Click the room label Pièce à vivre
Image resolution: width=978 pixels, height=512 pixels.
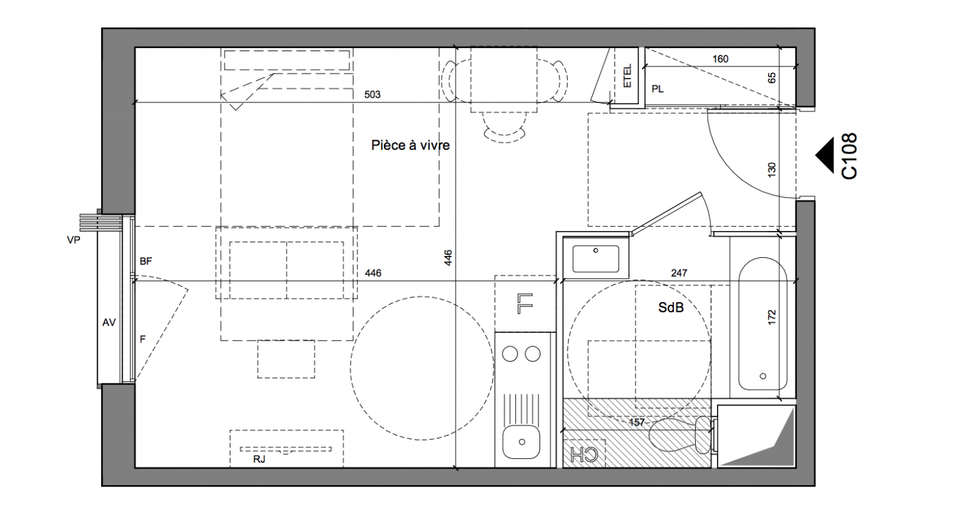point(410,145)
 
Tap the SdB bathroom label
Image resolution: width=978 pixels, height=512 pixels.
point(671,308)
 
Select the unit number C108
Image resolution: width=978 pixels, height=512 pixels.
point(849,156)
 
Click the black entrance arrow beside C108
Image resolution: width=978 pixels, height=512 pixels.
point(824,156)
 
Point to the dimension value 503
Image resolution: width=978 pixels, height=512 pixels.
point(373,94)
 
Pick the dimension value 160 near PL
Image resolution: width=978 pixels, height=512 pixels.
point(721,59)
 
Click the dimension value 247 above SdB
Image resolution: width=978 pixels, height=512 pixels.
point(679,273)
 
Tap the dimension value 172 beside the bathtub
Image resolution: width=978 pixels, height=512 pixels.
point(772,317)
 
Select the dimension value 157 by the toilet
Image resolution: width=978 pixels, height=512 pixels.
point(637,422)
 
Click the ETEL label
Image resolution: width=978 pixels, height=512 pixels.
point(627,76)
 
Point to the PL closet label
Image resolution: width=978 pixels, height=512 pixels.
point(657,89)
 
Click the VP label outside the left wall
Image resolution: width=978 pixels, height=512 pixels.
point(74,240)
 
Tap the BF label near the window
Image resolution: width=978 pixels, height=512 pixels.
point(146,261)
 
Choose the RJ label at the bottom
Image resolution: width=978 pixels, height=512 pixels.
point(259,459)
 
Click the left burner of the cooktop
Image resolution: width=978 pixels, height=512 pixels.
point(510,354)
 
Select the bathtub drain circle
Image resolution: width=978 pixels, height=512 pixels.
point(763,376)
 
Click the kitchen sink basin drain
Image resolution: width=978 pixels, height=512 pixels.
point(522,442)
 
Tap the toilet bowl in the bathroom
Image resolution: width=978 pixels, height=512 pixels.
point(672,435)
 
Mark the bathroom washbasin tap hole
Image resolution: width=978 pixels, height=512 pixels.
point(595,250)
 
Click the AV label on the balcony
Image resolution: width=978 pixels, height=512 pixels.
point(109,323)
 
